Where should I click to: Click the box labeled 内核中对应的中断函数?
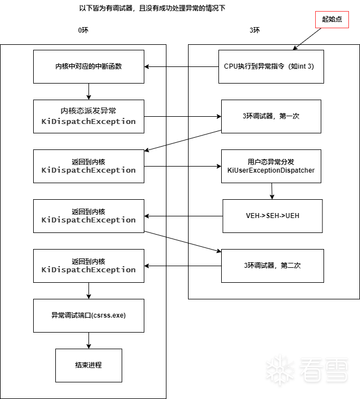pyautogui.click(x=88, y=66)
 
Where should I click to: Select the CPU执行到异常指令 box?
pyautogui.click(x=271, y=66)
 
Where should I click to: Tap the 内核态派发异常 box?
pyautogui.click(x=88, y=116)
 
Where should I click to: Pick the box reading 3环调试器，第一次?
pyautogui.click(x=271, y=116)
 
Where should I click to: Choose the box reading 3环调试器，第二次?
pyautogui.click(x=271, y=266)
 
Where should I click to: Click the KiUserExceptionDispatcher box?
pyautogui.click(x=271, y=166)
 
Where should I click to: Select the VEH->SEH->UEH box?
pyautogui.click(x=272, y=216)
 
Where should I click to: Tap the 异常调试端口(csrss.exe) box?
pyautogui.click(x=88, y=315)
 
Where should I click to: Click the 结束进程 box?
pyautogui.click(x=88, y=365)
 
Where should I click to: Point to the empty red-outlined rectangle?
pyautogui.click(x=332, y=19)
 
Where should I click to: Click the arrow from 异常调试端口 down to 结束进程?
pyautogui.click(x=88, y=341)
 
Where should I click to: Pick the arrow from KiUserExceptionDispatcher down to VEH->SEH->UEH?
pyautogui.click(x=272, y=191)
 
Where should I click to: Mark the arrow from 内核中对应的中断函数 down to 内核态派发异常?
pyautogui.click(x=88, y=92)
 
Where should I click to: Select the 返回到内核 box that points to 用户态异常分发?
pyautogui.click(x=88, y=166)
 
